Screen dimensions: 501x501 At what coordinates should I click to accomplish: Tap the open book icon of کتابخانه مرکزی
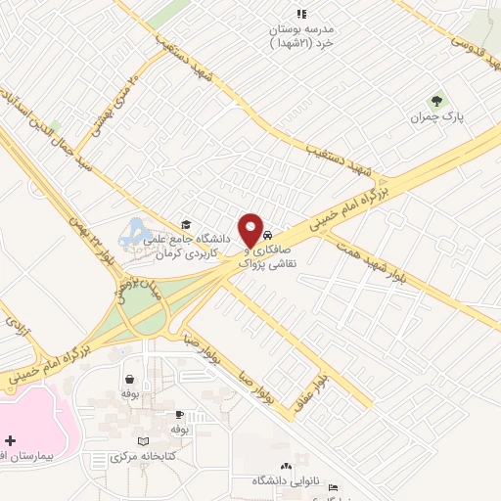point(146,442)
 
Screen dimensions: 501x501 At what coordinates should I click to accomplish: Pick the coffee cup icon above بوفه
point(130,379)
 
